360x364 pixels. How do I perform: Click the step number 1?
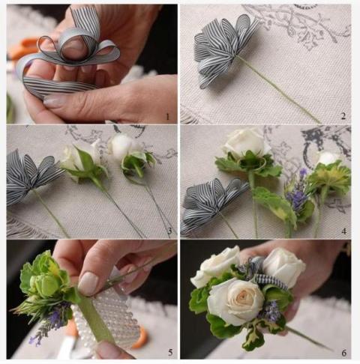coord(167,116)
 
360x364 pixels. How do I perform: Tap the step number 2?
coord(343,116)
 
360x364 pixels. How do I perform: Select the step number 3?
coord(169,231)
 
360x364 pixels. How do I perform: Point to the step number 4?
coord(344,231)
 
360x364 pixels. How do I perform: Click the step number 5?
coord(170,353)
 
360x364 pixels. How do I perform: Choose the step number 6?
coord(344,353)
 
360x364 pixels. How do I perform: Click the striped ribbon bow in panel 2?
coord(223,49)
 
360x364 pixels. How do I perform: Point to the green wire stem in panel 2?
coord(278,89)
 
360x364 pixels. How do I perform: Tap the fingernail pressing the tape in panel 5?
coord(88,283)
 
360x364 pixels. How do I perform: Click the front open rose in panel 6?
coord(236,302)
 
